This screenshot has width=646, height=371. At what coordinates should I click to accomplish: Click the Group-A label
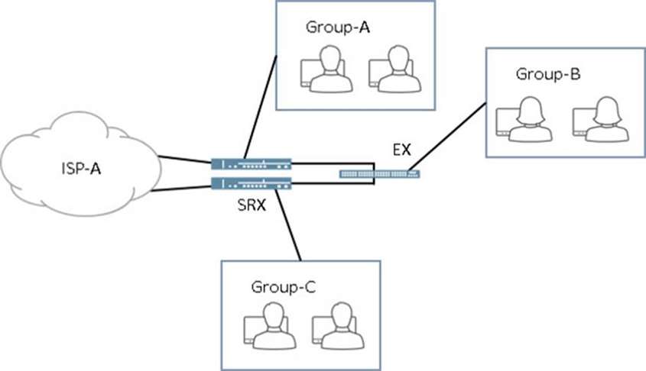pyautogui.click(x=338, y=27)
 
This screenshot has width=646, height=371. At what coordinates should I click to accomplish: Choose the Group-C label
pyautogui.click(x=283, y=288)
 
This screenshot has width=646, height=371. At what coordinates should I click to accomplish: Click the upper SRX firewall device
pyautogui.click(x=252, y=163)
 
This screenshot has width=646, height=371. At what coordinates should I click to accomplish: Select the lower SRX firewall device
pyautogui.click(x=252, y=182)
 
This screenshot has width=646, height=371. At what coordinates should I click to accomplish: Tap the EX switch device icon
pyautogui.click(x=379, y=175)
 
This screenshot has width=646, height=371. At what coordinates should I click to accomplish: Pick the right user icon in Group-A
pyautogui.click(x=394, y=68)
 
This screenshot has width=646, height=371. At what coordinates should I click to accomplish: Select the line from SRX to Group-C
pyautogui.click(x=288, y=225)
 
